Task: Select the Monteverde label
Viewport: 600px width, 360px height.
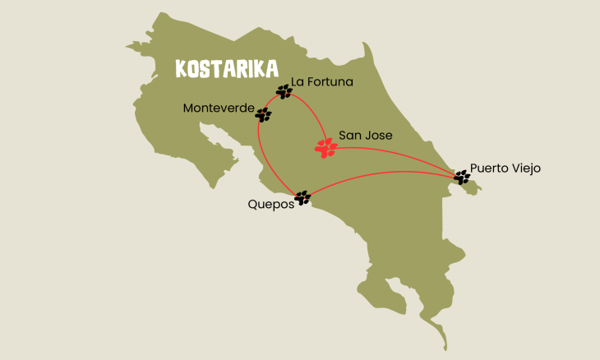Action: click(219, 108)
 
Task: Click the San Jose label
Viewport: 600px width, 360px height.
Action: click(366, 135)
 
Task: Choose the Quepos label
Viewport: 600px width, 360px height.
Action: click(270, 205)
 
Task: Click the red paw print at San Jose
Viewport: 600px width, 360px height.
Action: click(326, 148)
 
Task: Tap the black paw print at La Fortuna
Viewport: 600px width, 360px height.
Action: click(284, 91)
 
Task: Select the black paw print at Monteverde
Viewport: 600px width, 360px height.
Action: click(263, 115)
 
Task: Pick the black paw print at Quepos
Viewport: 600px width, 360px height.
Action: click(302, 197)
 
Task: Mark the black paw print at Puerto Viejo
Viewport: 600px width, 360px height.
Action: click(462, 176)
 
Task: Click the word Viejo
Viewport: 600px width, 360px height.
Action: click(525, 168)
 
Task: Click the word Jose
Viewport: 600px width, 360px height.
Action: click(379, 135)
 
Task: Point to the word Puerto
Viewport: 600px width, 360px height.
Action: click(490, 168)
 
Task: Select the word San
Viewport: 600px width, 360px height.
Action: click(351, 135)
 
